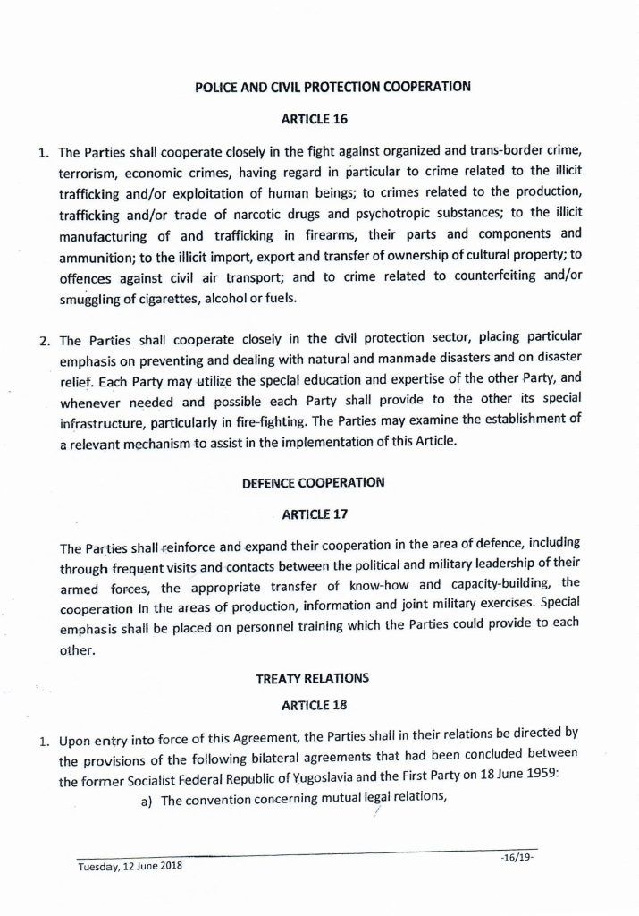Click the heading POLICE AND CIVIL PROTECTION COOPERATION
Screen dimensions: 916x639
tap(332, 88)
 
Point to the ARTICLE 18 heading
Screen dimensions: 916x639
tap(314, 705)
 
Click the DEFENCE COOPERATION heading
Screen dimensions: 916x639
tap(314, 483)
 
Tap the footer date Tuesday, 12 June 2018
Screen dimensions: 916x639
tap(130, 867)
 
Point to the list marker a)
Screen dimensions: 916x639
tap(147, 801)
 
